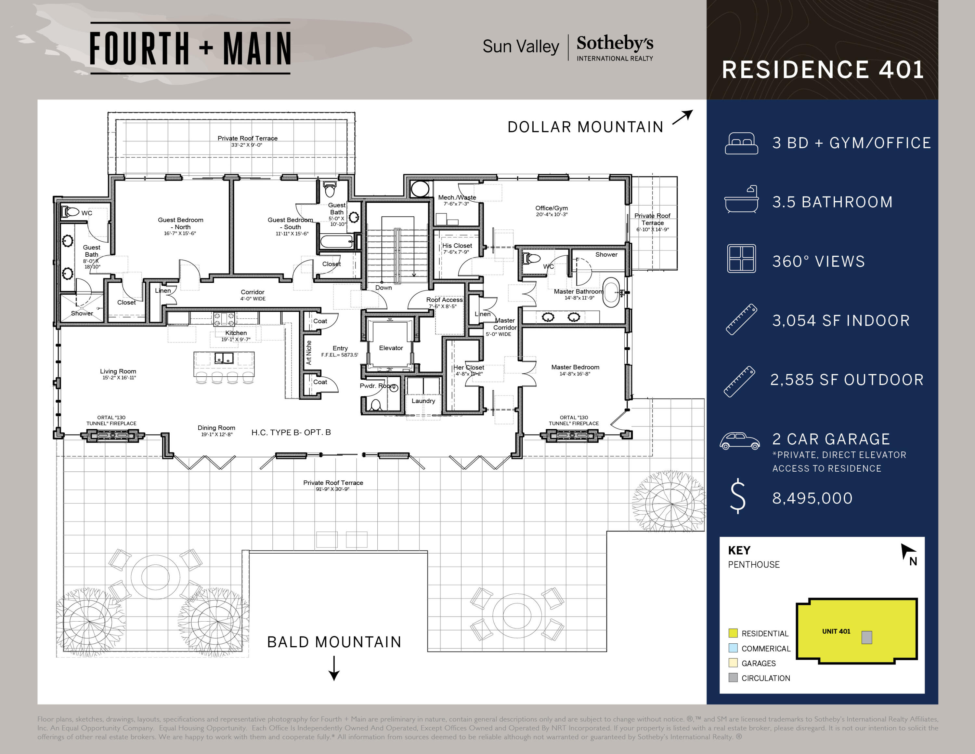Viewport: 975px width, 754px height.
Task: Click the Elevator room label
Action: (x=391, y=348)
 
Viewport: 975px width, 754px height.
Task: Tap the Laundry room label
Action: (x=423, y=401)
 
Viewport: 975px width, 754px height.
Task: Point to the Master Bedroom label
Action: (x=575, y=367)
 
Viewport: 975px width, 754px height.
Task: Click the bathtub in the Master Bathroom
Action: (x=611, y=292)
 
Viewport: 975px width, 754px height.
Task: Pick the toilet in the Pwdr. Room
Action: (x=375, y=405)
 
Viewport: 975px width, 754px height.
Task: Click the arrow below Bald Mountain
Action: (x=334, y=668)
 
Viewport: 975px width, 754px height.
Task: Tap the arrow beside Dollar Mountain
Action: (x=682, y=117)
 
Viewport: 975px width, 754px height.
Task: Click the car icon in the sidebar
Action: (x=739, y=440)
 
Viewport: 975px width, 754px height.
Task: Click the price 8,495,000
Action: (x=812, y=498)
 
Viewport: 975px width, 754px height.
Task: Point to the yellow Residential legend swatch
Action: (x=733, y=633)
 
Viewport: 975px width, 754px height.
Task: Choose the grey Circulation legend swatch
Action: (x=733, y=678)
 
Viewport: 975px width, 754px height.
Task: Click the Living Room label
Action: (x=118, y=371)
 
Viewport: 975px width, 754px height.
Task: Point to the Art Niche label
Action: (x=308, y=352)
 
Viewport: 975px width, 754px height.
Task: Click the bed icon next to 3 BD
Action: (x=741, y=143)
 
